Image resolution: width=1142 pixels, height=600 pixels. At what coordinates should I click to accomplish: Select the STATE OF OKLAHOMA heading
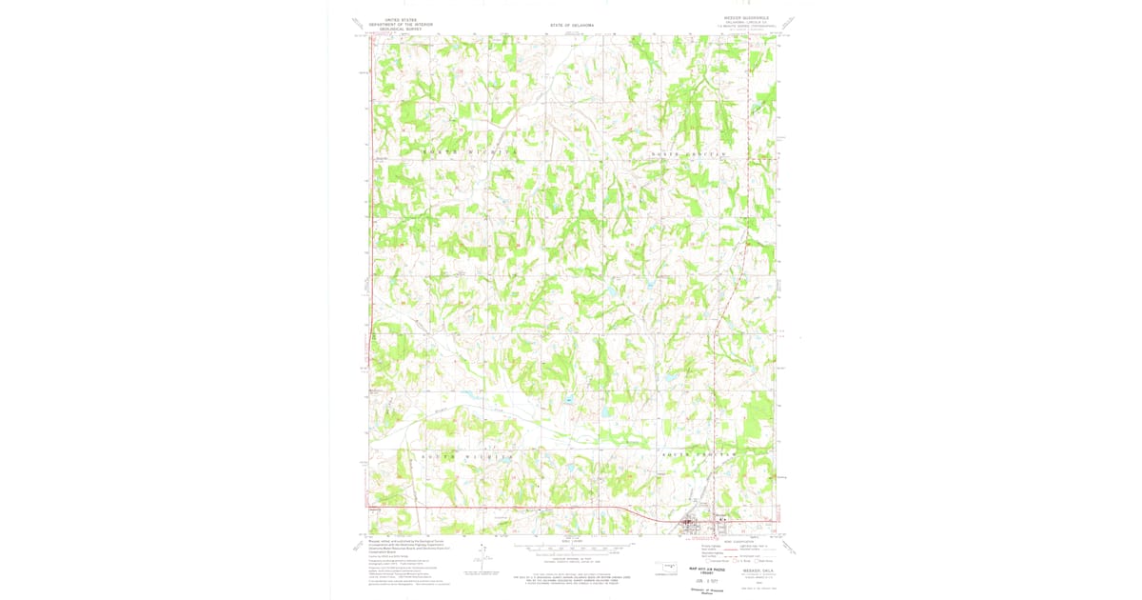point(571,24)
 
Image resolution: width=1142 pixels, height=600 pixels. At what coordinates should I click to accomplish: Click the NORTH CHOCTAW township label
point(689,152)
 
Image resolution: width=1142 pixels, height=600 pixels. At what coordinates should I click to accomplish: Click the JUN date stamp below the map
point(706,580)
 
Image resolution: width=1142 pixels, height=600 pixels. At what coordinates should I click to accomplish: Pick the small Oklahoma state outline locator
point(666,570)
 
